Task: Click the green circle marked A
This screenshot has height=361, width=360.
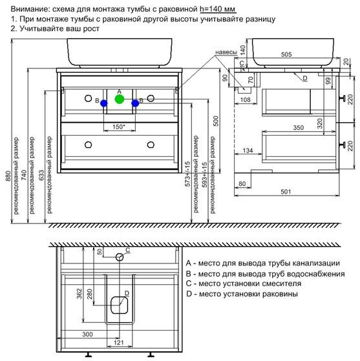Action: (x=120, y=99)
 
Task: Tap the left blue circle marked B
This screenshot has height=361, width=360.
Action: (x=104, y=103)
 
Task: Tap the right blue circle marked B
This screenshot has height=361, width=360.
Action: (x=135, y=103)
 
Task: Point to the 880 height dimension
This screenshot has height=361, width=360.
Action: (x=8, y=176)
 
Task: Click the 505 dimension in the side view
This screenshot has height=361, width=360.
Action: (x=286, y=54)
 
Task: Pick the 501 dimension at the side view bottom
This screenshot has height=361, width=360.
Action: (x=286, y=192)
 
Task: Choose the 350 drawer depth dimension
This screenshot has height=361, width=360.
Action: (x=298, y=128)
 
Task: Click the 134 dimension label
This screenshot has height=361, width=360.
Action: (x=248, y=150)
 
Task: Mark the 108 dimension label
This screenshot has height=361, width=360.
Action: (x=245, y=99)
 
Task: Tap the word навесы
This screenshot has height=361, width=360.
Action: (x=226, y=52)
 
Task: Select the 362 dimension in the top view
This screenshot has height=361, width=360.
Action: (x=79, y=294)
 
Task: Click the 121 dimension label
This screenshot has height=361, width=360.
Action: (x=119, y=342)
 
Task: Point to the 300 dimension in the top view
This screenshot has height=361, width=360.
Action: (x=87, y=335)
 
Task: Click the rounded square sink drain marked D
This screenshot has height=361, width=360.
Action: (x=120, y=305)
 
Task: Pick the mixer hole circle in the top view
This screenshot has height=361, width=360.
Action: (x=120, y=257)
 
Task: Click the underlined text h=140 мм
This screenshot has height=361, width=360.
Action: (x=218, y=9)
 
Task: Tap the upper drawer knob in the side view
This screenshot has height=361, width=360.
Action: (x=343, y=98)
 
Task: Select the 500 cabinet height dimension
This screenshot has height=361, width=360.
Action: (x=216, y=121)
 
